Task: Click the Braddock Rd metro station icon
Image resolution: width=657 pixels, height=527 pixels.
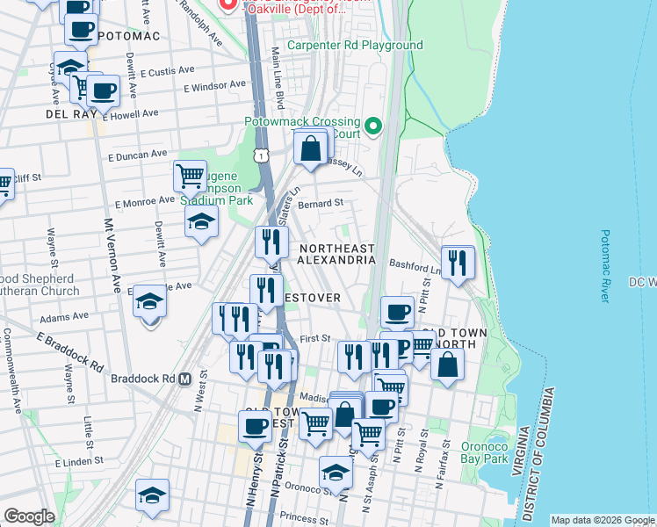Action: (184, 379)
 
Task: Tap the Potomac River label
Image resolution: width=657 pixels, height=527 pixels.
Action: (604, 266)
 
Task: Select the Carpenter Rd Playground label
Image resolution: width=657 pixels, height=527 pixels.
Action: (356, 46)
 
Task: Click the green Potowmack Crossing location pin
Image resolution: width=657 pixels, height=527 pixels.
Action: (374, 126)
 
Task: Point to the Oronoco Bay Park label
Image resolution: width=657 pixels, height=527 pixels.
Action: (485, 451)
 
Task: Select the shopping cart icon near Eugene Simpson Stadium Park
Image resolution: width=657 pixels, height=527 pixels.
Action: (190, 177)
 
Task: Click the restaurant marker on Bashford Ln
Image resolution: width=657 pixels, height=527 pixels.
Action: (458, 262)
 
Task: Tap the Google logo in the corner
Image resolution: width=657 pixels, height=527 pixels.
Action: (28, 516)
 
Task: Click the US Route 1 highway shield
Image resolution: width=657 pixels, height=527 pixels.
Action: (261, 155)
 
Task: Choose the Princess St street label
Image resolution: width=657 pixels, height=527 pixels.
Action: (300, 518)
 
